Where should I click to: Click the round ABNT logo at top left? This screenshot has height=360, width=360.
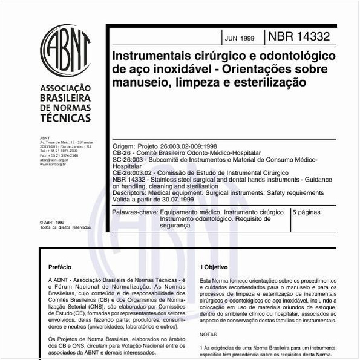click(65, 50)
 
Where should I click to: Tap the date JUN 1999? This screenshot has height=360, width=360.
click(240, 38)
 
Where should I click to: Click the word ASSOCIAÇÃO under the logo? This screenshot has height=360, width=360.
click(65, 88)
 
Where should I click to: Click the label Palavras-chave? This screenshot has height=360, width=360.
click(134, 213)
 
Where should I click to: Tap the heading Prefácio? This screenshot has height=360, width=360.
click(60, 267)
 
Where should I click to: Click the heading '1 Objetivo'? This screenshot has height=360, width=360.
click(214, 267)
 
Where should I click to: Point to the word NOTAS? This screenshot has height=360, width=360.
click(208, 334)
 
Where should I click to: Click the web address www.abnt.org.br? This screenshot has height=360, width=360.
click(53, 163)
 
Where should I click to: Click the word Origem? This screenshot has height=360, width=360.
click(125, 147)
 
